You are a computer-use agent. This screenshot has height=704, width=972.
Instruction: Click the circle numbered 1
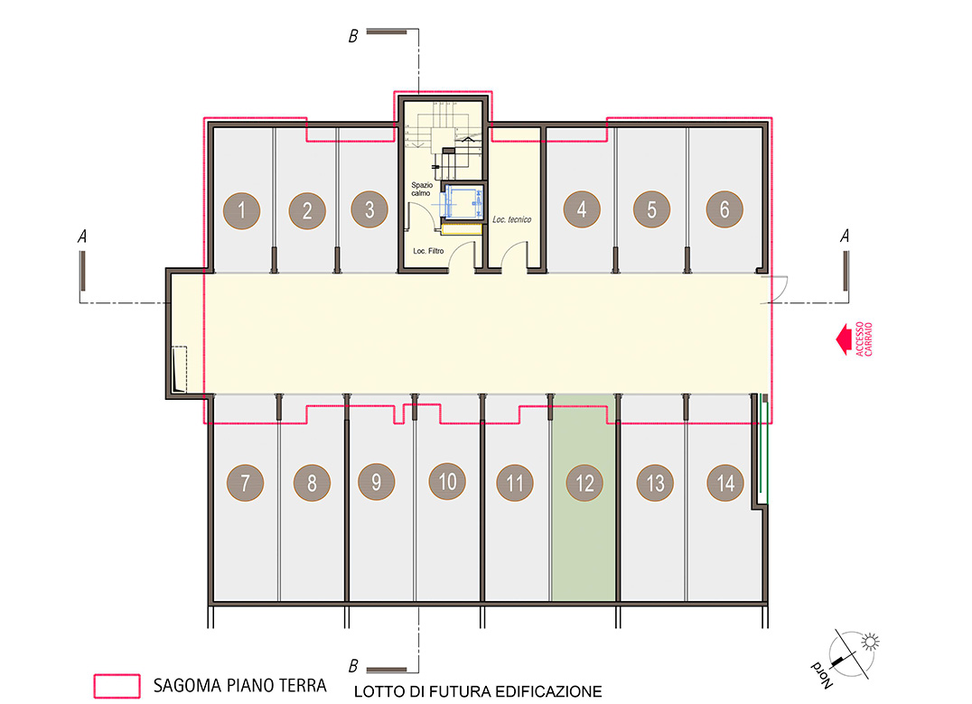pyautogui.click(x=242, y=210)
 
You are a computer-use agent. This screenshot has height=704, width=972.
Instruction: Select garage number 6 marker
pyautogui.click(x=724, y=209)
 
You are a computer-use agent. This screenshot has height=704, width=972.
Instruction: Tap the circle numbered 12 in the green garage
pyautogui.click(x=584, y=483)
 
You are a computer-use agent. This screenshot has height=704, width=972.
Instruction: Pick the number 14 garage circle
pyautogui.click(x=725, y=482)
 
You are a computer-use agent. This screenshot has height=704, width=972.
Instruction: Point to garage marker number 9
pyautogui.click(x=377, y=482)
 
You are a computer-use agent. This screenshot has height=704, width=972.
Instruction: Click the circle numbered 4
pyautogui.click(x=582, y=209)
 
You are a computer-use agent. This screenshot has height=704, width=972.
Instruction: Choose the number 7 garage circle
pyautogui.click(x=245, y=482)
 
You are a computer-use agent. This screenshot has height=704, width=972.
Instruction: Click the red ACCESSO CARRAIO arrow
pyautogui.click(x=843, y=339)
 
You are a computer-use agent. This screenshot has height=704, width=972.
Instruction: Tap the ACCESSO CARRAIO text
pyautogui.click(x=865, y=338)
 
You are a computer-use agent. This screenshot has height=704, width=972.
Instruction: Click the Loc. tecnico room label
pyautogui.click(x=511, y=219)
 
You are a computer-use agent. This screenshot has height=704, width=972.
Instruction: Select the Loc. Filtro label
pyautogui.click(x=428, y=251)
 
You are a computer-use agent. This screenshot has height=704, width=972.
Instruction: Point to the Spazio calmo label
pyautogui.click(x=422, y=189)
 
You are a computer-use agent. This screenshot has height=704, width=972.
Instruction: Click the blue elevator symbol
pyautogui.click(x=462, y=202)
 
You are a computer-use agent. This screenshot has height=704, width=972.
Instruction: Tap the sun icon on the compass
pyautogui.click(x=870, y=642)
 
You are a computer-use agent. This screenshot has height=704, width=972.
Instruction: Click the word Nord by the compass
pyautogui.click(x=822, y=675)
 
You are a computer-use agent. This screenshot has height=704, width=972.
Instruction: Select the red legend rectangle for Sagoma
pyautogui.click(x=117, y=686)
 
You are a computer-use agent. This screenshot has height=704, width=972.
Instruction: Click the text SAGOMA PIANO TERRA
pyautogui.click(x=240, y=685)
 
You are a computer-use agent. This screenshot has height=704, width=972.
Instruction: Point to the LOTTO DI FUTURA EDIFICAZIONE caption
pyautogui.click(x=478, y=691)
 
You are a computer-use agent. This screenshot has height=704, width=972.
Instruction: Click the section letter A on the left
pyautogui.click(x=82, y=236)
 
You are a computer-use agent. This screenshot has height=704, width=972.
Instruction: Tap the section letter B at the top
pyautogui.click(x=353, y=36)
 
